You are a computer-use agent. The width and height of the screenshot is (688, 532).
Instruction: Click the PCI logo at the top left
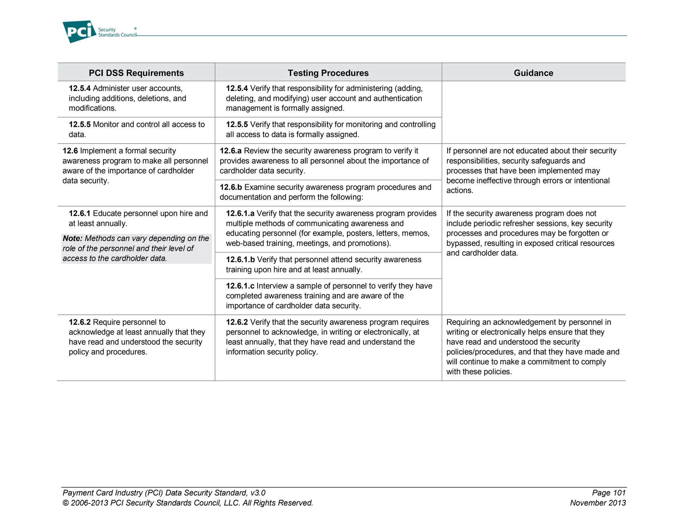79,32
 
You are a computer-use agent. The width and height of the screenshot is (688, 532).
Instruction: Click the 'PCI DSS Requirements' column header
136,73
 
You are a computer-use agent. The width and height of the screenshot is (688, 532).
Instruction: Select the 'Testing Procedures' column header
328,73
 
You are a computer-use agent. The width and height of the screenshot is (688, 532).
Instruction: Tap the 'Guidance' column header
533,73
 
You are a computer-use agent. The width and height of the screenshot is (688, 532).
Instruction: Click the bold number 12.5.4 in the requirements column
80,88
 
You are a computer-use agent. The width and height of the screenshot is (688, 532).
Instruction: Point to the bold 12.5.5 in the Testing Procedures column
237,124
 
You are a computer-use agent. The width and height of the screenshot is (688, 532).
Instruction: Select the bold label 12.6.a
230,151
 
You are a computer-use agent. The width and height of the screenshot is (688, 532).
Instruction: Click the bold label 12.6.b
231,187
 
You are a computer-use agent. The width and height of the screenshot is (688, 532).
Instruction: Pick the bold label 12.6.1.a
240,214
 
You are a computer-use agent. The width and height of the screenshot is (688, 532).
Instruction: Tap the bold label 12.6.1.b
240,260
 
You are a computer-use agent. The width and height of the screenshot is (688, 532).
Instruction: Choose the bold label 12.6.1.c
240,286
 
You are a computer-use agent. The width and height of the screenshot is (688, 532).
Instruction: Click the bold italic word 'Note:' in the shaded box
73,238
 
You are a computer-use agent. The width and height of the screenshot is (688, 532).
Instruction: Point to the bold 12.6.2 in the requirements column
80,322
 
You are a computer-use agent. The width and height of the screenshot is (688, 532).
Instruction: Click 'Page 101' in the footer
608,493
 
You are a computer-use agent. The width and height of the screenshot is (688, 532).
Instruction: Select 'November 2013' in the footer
598,503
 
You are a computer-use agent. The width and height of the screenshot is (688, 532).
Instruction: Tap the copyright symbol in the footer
66,503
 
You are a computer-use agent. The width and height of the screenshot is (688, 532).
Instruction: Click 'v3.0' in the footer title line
258,493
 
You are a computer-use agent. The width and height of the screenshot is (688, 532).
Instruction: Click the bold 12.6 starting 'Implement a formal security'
70,151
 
